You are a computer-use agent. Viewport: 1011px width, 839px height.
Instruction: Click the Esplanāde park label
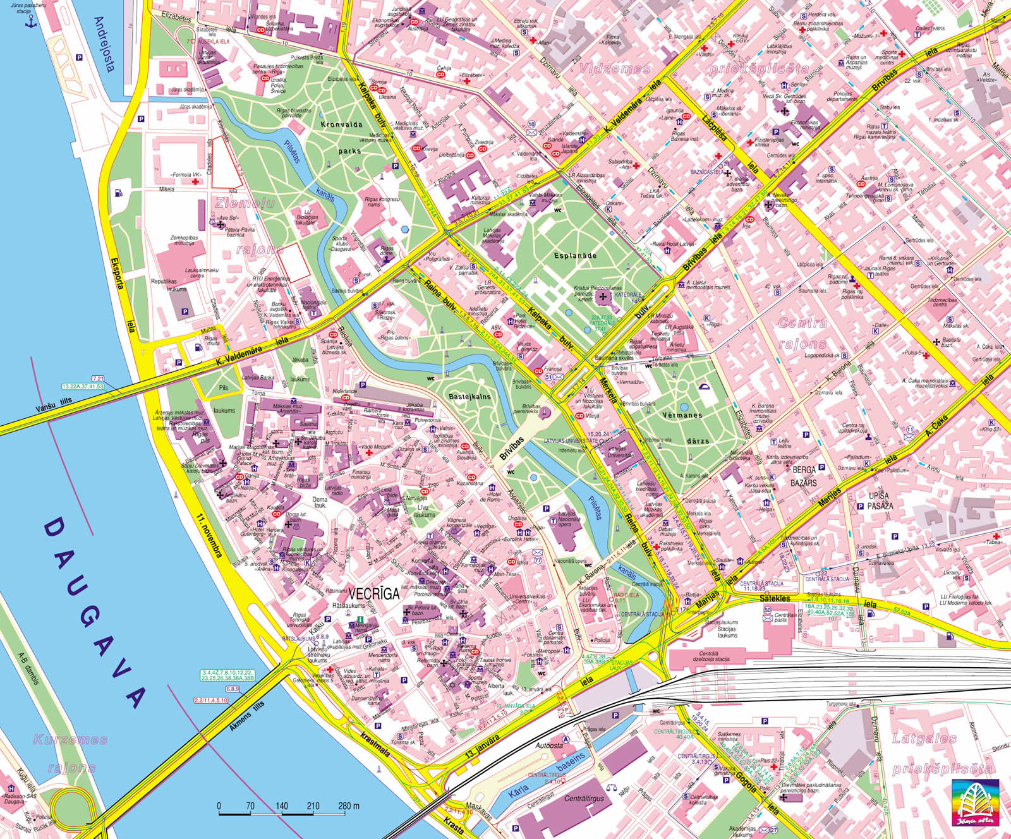(x=575, y=256)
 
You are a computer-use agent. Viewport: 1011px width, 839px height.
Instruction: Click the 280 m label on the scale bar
(x=348, y=806)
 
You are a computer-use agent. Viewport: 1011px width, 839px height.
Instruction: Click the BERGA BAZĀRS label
(x=804, y=476)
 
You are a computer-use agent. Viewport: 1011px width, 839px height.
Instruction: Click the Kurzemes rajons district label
(x=71, y=753)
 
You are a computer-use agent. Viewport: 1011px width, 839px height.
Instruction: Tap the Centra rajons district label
(x=802, y=334)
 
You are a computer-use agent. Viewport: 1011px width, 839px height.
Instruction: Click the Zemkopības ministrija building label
(x=184, y=241)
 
